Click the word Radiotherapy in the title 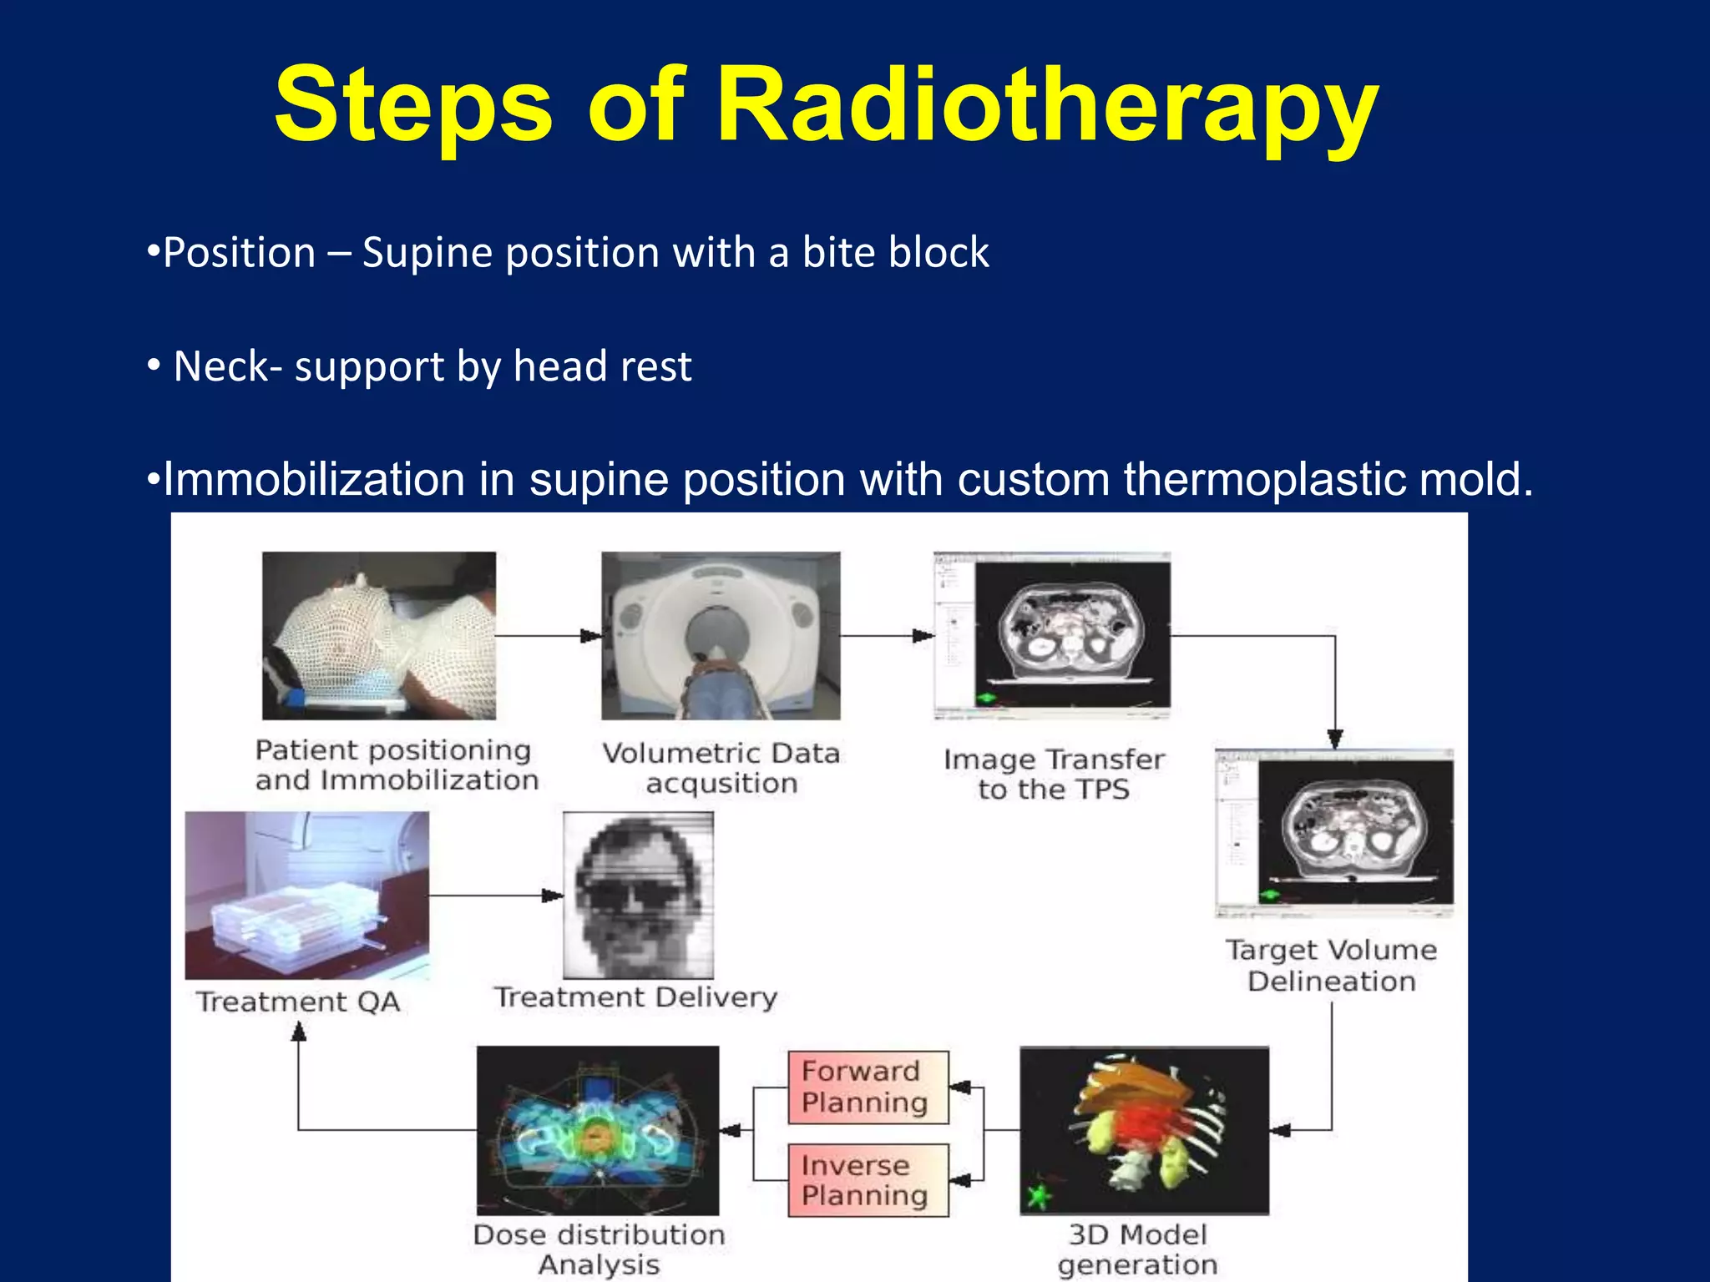pyautogui.click(x=1047, y=106)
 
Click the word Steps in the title pyautogui.click(x=413, y=106)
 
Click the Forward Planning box pyautogui.click(x=868, y=1087)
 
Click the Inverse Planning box pyautogui.click(x=868, y=1179)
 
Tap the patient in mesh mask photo pyautogui.click(x=378, y=635)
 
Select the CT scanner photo pyautogui.click(x=721, y=635)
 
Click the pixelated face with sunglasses pyautogui.click(x=638, y=895)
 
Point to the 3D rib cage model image pyautogui.click(x=1144, y=1130)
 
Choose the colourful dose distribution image pyautogui.click(x=597, y=1130)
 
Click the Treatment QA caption pyautogui.click(x=298, y=1001)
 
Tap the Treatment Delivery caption pyautogui.click(x=635, y=997)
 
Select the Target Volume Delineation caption pyautogui.click(x=1331, y=965)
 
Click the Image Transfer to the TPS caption pyautogui.click(x=1054, y=774)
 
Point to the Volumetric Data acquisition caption pyautogui.click(x=721, y=768)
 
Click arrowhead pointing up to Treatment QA pyautogui.click(x=298, y=1032)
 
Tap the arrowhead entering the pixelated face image pyautogui.click(x=553, y=896)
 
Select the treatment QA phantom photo pyautogui.click(x=306, y=895)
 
